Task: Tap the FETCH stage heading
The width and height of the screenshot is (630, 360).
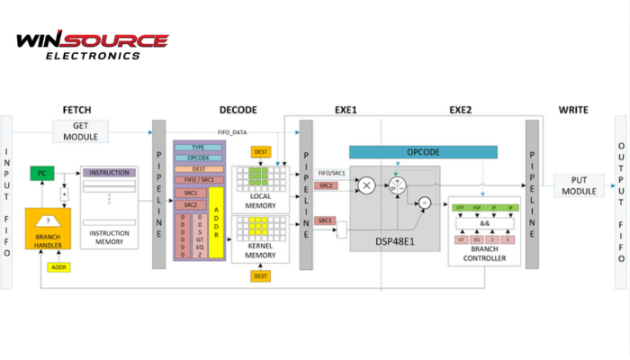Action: [x=79, y=110]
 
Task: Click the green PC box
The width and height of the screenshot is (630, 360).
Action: [x=42, y=172]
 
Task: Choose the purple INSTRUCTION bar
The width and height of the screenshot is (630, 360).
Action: [x=111, y=172]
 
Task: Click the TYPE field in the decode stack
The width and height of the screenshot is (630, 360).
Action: [x=199, y=146]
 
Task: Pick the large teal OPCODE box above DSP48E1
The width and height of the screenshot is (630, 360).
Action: [x=422, y=153]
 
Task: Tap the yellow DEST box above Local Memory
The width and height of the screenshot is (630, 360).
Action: [x=261, y=150]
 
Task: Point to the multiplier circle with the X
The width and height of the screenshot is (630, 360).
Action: [x=366, y=184]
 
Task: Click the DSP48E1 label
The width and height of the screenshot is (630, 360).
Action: [x=394, y=242]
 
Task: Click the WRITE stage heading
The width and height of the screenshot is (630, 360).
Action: [x=572, y=110]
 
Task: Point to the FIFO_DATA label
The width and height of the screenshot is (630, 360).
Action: [x=233, y=133]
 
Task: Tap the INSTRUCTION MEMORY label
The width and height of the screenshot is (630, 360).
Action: [x=111, y=237]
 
